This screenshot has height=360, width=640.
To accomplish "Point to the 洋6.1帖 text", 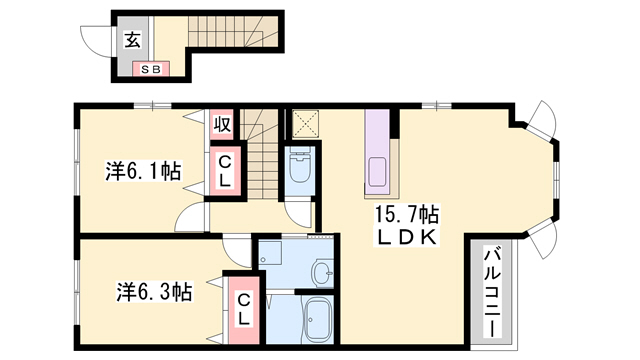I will click(x=143, y=171).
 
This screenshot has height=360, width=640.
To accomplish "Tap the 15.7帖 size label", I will click(x=408, y=214).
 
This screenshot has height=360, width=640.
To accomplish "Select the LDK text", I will click(x=406, y=238).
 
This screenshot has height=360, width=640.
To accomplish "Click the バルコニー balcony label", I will click(x=492, y=285).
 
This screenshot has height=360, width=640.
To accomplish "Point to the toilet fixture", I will click(x=300, y=167).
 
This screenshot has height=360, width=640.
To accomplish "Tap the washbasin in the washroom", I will click(x=322, y=272).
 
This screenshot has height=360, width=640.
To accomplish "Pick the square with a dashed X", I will click(x=303, y=124).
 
